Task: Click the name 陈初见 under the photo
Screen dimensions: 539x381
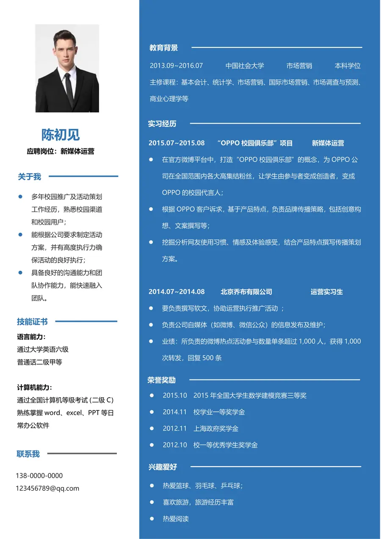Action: (61, 135)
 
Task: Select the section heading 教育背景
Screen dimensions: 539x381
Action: (163, 48)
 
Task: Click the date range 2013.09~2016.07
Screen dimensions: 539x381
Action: (176, 66)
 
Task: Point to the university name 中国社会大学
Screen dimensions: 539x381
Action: (245, 66)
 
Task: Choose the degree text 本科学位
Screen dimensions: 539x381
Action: (348, 66)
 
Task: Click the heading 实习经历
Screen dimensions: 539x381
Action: (162, 124)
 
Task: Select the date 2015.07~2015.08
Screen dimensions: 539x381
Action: (177, 143)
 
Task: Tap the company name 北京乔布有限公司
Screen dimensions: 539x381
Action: (246, 292)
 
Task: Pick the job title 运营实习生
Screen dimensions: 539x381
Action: (327, 292)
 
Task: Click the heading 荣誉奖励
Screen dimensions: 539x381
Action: (161, 380)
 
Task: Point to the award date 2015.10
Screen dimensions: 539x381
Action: (175, 396)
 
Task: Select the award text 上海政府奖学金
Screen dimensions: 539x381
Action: (216, 429)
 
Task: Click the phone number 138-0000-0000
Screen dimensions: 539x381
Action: (39, 476)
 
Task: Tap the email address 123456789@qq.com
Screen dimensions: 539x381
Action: (47, 488)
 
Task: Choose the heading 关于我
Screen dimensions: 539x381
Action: (30, 177)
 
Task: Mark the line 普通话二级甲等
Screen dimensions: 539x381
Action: (40, 362)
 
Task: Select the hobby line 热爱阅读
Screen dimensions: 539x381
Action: (176, 519)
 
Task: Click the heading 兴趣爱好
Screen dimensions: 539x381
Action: (163, 467)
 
